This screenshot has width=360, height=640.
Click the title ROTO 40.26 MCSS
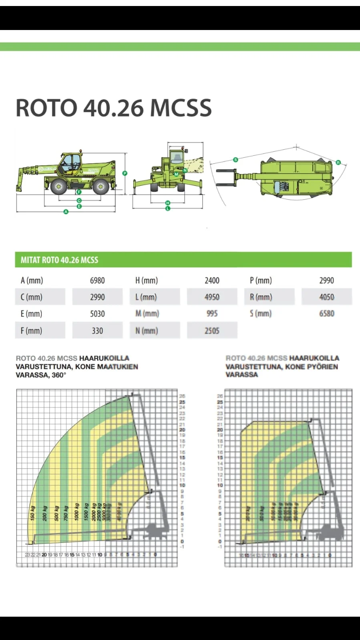[113, 108]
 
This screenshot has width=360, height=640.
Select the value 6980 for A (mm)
[97, 281]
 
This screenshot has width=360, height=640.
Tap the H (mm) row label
[147, 281]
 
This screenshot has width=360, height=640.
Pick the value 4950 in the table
[212, 297]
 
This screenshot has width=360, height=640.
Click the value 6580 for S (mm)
[326, 314]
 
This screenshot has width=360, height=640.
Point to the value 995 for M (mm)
[212, 314]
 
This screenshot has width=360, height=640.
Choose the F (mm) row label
[31, 331]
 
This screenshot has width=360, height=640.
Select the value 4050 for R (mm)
[326, 297]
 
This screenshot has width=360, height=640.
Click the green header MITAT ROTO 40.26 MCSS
[59, 260]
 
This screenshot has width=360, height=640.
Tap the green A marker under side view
[66, 212]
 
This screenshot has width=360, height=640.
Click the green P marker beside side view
[125, 173]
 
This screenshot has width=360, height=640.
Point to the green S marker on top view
[235, 160]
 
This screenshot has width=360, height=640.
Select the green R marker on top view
[338, 163]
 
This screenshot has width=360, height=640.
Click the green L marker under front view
[168, 209]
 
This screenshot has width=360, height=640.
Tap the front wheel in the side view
[59, 187]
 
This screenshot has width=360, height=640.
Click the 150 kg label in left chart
[33, 514]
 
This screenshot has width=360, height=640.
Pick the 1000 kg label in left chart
[76, 512]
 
